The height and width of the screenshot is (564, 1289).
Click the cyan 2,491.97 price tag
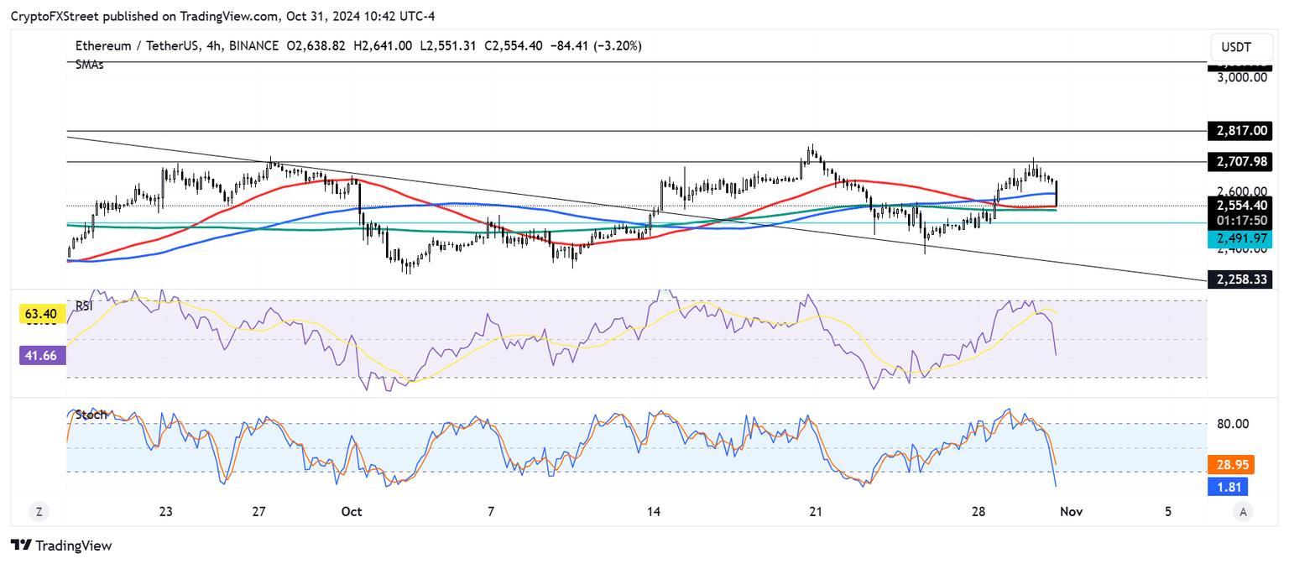click(1239, 239)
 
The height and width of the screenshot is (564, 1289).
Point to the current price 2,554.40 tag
click(1239, 205)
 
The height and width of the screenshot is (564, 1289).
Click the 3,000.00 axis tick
click(1243, 77)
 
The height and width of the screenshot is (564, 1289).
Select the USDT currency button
click(1236, 47)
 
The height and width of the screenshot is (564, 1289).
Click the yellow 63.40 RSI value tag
click(41, 315)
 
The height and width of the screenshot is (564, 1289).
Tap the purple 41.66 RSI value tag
click(41, 356)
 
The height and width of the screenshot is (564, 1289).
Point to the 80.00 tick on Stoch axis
click(1234, 424)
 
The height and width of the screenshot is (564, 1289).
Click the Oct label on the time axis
click(352, 511)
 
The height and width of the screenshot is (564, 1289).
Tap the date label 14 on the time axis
click(654, 511)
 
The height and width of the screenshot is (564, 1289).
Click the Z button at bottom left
click(38, 511)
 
